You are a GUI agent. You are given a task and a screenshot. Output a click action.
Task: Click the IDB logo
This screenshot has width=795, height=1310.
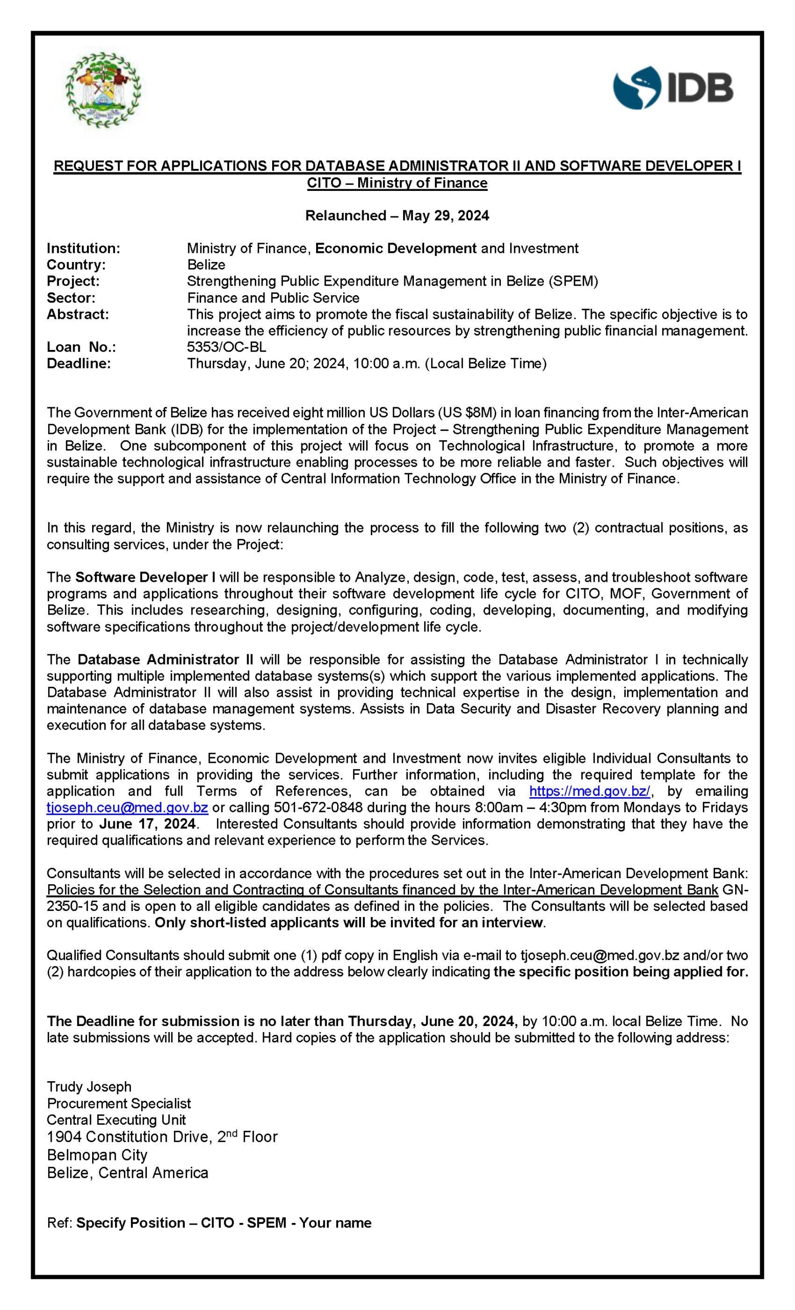(673, 88)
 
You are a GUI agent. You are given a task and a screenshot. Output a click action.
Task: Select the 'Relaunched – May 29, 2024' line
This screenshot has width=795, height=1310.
(397, 215)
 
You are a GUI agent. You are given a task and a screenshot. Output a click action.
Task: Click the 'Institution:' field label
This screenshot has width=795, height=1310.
(83, 248)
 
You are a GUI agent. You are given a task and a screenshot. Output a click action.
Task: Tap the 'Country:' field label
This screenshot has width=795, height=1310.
(76, 265)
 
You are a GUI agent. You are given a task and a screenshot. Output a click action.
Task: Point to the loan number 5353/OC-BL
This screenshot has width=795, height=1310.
(227, 347)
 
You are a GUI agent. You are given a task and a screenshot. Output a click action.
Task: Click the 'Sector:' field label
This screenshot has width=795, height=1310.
(71, 298)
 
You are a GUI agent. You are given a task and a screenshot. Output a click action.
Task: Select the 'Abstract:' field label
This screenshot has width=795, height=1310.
(78, 314)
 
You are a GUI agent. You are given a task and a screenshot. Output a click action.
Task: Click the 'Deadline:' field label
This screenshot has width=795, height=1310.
(79, 364)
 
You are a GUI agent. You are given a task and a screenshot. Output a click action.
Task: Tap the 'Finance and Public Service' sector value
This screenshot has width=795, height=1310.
(273, 298)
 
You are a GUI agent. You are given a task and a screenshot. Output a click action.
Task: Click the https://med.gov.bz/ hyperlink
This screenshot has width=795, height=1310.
(589, 791)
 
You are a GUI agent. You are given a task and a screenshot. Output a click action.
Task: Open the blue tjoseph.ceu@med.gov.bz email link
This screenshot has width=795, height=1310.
(127, 807)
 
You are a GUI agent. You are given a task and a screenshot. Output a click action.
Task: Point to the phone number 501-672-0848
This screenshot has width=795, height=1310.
(318, 807)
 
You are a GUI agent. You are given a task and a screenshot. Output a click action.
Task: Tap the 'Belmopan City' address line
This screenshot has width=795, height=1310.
(97, 1155)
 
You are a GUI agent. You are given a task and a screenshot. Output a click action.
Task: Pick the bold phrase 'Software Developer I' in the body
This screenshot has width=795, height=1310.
(146, 577)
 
